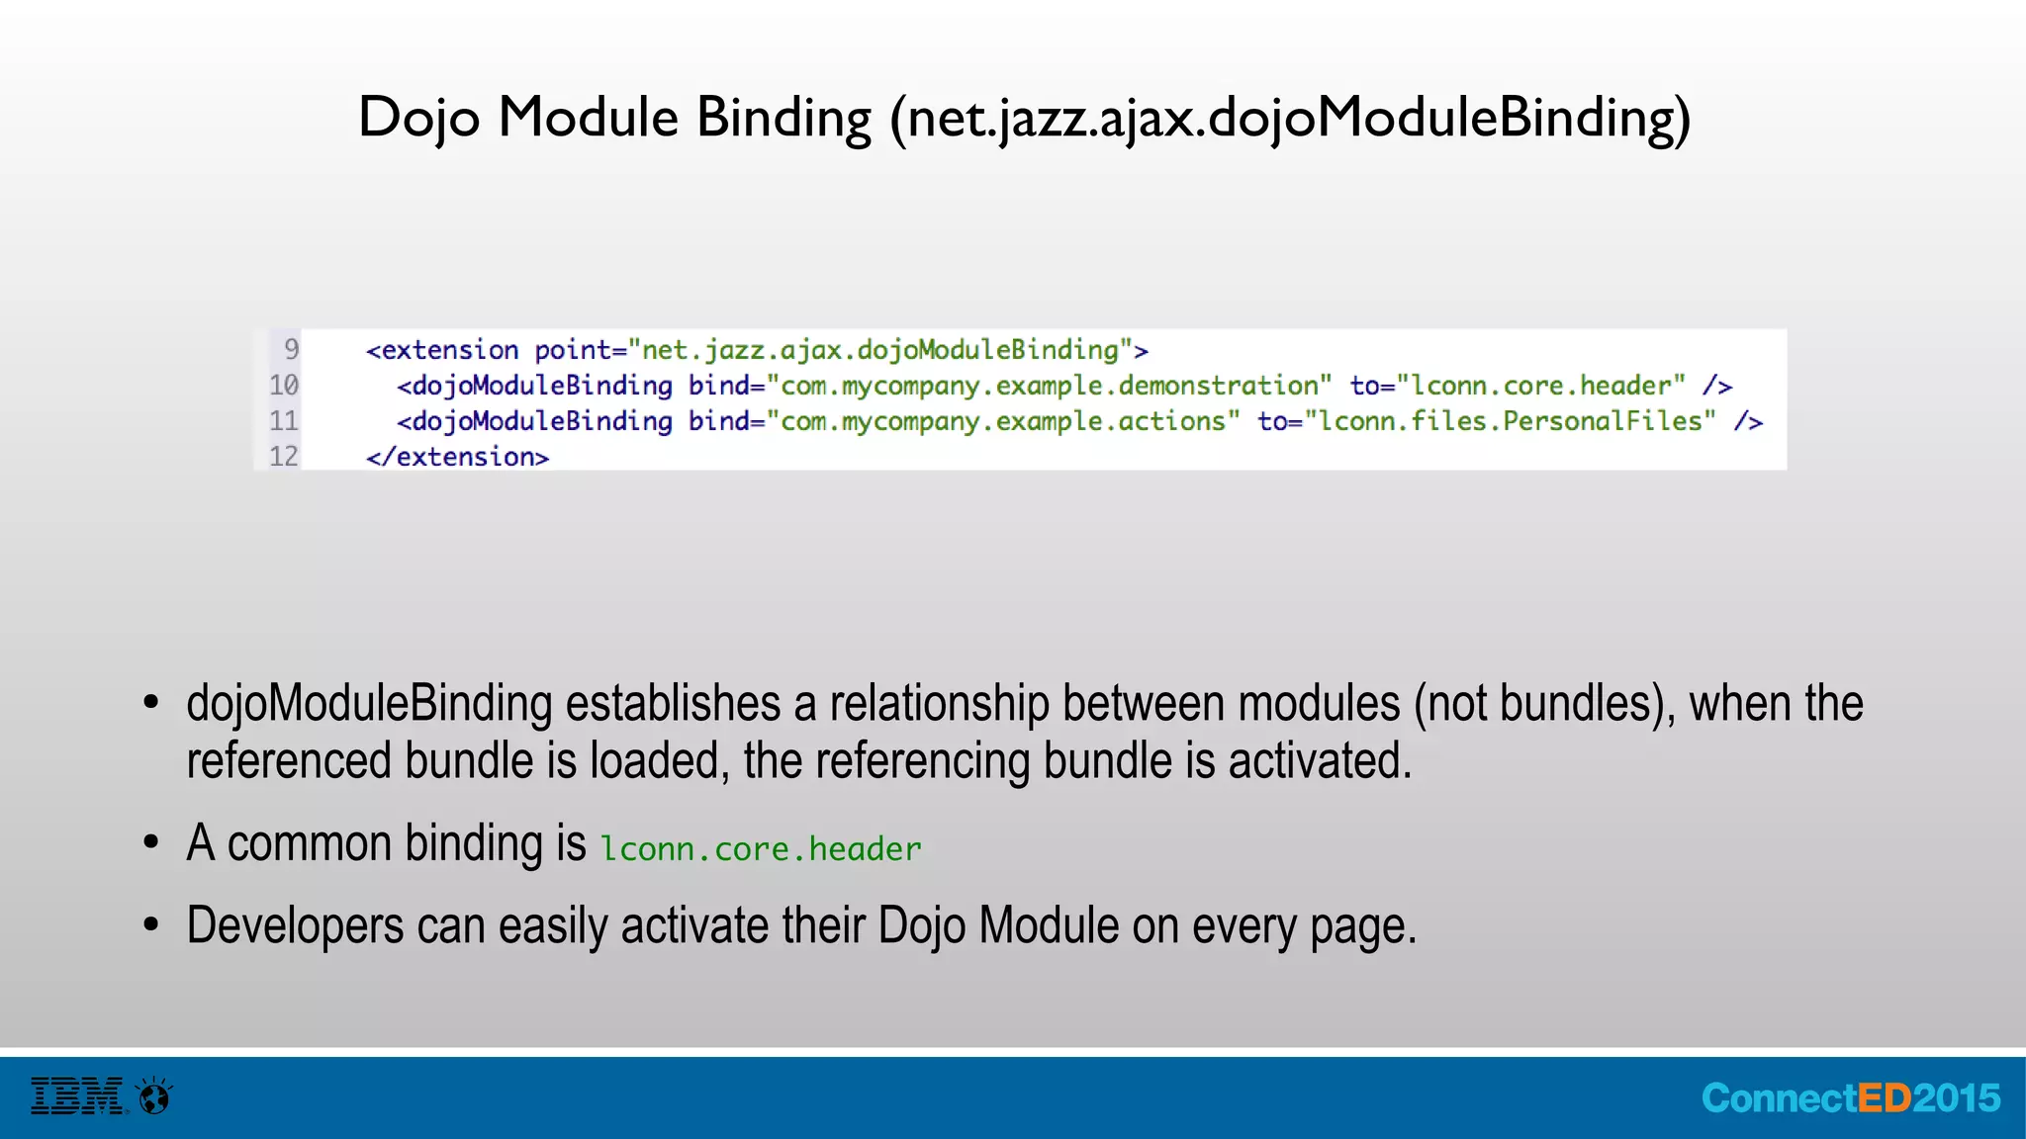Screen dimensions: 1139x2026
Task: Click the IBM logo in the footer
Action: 77,1096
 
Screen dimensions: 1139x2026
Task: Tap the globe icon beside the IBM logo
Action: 155,1096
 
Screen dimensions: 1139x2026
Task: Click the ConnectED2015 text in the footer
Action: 1850,1098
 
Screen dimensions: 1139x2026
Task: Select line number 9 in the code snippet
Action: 291,349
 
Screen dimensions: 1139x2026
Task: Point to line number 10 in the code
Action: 284,385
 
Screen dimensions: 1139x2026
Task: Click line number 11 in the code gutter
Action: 284,420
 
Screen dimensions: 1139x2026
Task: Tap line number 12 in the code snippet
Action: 284,456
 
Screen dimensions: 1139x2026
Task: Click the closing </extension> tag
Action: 457,457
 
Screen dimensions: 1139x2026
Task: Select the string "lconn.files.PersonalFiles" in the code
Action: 1511,421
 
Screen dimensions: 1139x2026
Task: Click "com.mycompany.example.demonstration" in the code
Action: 1049,386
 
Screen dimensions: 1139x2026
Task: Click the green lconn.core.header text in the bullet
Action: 761,849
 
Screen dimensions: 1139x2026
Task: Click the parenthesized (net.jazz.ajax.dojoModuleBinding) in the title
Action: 1290,119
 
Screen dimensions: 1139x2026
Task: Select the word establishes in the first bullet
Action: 673,704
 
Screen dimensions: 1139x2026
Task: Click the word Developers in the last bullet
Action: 295,926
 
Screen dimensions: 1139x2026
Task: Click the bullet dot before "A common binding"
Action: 151,842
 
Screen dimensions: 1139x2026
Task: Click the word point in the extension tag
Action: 573,350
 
